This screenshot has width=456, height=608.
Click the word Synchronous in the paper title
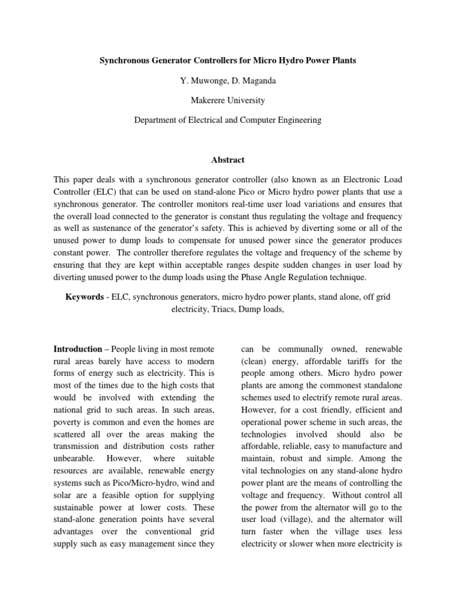click(126, 62)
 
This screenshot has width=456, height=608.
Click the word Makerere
click(208, 100)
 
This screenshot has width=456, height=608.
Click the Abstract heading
click(228, 160)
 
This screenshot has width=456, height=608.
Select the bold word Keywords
click(84, 296)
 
